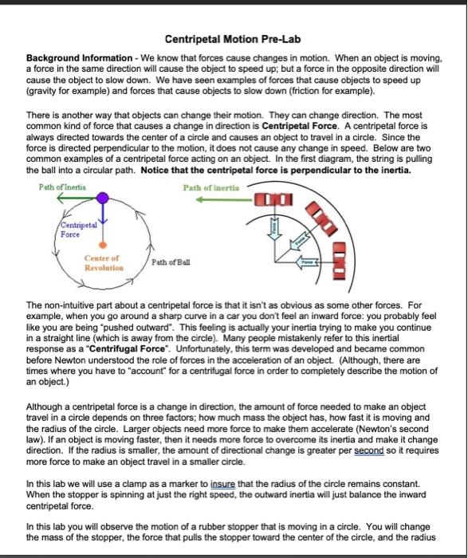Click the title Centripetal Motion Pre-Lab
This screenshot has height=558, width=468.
pos(234,39)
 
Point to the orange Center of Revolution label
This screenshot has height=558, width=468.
pos(103,263)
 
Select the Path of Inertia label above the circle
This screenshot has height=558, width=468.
pos(61,187)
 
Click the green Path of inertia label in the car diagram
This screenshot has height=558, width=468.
pos(211,188)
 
